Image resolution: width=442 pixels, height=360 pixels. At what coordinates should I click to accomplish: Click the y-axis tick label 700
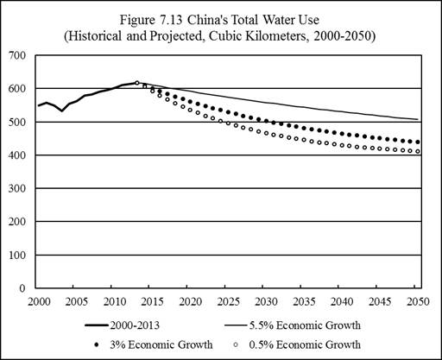point(17,55)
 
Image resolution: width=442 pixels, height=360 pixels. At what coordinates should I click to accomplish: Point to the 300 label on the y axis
point(17,188)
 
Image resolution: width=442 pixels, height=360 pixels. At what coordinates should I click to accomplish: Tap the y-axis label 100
point(17,256)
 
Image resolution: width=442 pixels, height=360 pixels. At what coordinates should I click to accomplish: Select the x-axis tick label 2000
point(39,301)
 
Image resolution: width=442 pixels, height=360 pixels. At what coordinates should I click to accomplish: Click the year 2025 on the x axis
point(229,301)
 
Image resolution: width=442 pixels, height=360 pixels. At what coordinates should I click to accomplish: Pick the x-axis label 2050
point(418,301)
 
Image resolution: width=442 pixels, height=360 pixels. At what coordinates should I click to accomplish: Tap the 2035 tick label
point(305,301)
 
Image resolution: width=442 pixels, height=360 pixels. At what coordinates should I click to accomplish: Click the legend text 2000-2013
point(135,325)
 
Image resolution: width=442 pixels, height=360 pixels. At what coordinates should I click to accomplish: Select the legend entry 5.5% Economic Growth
point(305,325)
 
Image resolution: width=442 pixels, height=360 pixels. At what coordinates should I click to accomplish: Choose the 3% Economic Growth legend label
point(161,344)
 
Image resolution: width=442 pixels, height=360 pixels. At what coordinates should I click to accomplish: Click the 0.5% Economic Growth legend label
point(305,344)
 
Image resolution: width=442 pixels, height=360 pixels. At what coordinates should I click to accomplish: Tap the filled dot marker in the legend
point(97,344)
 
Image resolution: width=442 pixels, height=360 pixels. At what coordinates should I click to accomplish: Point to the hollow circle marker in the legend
point(236,344)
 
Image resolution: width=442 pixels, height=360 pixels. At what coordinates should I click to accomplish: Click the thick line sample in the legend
point(97,325)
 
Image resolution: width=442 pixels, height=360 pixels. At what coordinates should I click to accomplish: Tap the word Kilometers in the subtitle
point(275,36)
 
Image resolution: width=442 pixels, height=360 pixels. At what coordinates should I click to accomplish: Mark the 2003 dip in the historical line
point(62,111)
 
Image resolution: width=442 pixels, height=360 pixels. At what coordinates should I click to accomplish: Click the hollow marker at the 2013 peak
point(137,83)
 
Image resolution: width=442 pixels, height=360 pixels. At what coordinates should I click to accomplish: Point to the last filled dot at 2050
point(418,142)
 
